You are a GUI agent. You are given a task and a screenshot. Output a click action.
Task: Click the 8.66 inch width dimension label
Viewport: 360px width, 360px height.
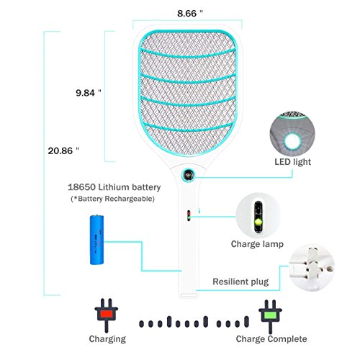coord(190,14)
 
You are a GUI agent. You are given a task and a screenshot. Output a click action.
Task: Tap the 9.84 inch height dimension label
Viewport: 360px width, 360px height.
coord(89,93)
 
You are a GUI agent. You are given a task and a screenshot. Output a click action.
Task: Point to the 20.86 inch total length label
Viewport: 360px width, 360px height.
coord(63,150)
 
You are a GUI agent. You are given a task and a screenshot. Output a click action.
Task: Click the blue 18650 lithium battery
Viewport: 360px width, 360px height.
coord(96,240)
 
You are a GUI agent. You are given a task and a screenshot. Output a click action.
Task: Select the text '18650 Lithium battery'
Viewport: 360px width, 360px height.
coord(114,187)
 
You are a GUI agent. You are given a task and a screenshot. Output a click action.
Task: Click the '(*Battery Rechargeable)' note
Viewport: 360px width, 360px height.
coord(112,199)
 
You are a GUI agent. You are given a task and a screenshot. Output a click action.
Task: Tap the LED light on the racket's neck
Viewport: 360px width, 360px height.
coord(188,175)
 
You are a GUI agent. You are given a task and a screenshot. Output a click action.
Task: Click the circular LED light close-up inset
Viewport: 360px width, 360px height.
coord(292,134)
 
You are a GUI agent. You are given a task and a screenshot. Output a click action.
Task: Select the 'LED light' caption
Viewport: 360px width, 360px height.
coord(292,162)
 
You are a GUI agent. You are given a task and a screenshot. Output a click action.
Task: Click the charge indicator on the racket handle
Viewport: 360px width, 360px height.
coord(189,215)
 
